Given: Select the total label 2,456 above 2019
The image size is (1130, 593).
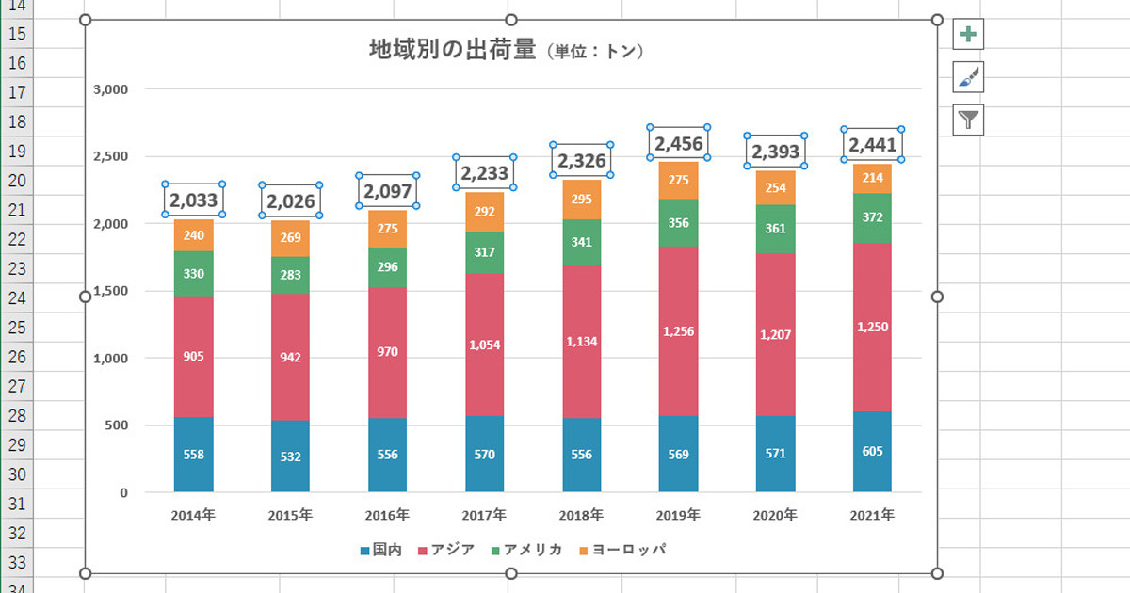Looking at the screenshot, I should (678, 143).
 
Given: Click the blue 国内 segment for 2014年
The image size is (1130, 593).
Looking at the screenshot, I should (194, 455).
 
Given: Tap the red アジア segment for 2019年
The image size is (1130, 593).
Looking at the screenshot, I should (678, 330).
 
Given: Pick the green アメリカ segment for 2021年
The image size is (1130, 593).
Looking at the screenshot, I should (873, 217).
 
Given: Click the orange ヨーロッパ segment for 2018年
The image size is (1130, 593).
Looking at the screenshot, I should (581, 199).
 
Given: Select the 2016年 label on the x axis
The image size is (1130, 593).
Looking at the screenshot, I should (387, 516).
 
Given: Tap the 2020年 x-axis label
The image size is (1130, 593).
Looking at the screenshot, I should (775, 516).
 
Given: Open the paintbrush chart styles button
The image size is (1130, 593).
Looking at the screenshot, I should (968, 77).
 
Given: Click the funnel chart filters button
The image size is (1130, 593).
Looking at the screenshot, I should (968, 119).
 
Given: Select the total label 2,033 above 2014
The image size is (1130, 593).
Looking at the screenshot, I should (194, 200).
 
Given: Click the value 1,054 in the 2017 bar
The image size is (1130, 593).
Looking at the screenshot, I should (484, 345).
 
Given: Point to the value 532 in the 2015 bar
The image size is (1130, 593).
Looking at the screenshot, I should (291, 457).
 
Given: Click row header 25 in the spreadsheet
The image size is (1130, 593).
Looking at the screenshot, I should (16, 327).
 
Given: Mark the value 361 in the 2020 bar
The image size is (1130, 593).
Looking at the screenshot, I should (775, 228).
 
